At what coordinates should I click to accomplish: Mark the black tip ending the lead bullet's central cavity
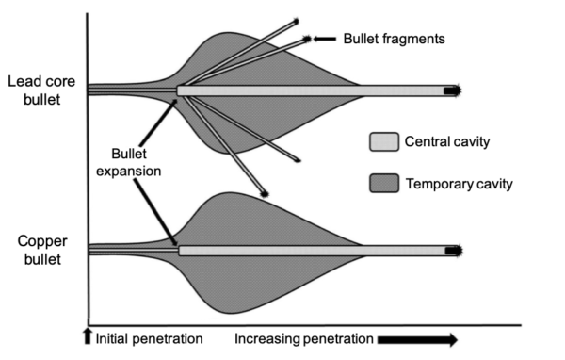point(453,90)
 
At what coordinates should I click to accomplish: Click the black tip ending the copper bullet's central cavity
point(453,251)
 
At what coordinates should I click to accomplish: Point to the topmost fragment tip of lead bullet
point(296,21)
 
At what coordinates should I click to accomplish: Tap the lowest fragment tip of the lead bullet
point(265,193)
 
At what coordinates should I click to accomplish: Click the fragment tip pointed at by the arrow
point(308,40)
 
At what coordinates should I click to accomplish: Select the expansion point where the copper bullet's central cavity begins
point(179,251)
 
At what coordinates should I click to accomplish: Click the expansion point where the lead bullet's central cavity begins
point(179,90)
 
